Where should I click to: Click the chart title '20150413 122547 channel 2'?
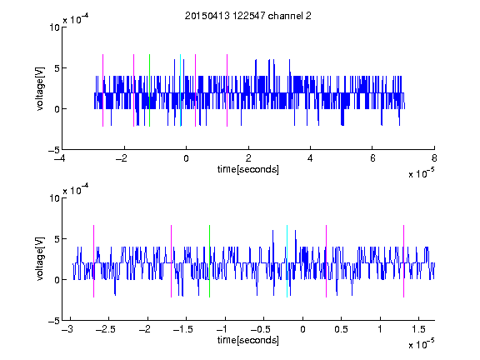[x=248, y=16]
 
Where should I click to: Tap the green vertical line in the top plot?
[x=149, y=90]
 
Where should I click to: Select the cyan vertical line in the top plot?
[x=180, y=90]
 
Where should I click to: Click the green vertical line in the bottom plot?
[x=210, y=261]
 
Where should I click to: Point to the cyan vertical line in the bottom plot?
[x=287, y=261]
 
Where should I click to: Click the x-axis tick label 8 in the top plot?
[x=434, y=158]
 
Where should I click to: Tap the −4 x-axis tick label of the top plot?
[x=60, y=158]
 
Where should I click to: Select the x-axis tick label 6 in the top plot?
[x=372, y=158]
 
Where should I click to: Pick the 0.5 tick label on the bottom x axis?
[x=341, y=329]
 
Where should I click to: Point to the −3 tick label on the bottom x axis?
[x=67, y=329]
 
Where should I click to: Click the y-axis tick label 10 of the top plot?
[x=54, y=27]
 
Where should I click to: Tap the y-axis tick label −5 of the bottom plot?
[x=54, y=321]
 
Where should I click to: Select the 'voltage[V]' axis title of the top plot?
[x=40, y=88]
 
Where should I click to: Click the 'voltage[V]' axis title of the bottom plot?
[x=40, y=259]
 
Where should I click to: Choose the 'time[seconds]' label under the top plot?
[x=248, y=169]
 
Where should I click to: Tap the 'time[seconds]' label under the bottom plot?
[x=248, y=340]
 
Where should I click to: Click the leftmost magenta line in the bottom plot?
[x=93, y=261]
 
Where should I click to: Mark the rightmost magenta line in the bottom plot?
[x=404, y=261]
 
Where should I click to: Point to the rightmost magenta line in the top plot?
[x=227, y=90]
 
